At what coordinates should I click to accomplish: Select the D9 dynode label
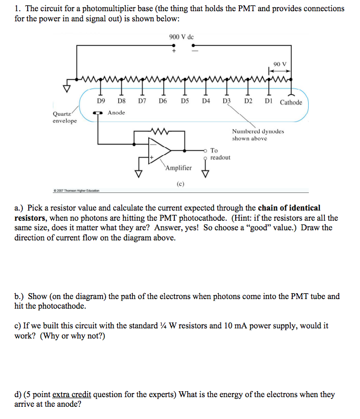tap(101, 100)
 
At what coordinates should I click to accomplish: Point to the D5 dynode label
tap(185, 100)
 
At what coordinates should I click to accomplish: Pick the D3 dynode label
tap(227, 100)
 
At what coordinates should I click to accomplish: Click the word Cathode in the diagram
tap(291, 102)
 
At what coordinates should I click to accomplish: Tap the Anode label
tap(116, 112)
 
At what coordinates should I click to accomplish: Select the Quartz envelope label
tap(64, 117)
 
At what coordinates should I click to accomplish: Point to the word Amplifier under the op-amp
tap(178, 168)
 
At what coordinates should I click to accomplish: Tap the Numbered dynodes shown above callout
tap(258, 135)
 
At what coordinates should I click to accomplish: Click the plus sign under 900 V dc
tap(173, 52)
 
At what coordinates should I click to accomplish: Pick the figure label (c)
tap(180, 184)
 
